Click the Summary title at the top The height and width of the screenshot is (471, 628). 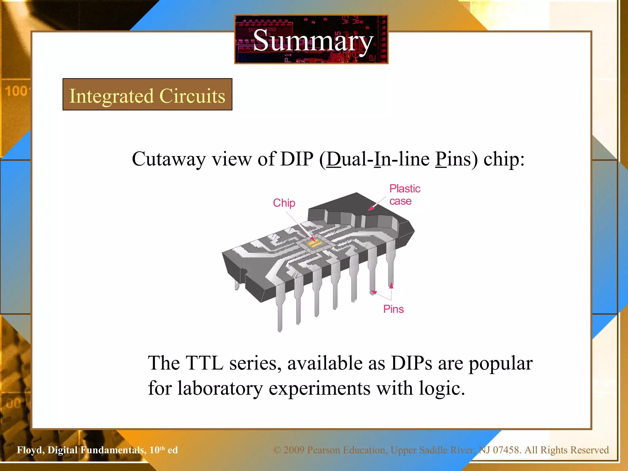click(312, 41)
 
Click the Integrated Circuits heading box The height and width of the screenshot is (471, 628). click(147, 95)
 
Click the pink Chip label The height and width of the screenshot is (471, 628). click(284, 203)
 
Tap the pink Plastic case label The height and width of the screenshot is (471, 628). click(404, 195)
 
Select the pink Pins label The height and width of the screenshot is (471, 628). click(393, 309)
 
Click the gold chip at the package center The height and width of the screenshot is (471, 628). click(314, 244)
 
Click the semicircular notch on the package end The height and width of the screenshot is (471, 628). click(244, 271)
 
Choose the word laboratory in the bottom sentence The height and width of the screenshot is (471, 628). click(220, 389)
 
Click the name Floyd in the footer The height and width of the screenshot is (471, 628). click(30, 450)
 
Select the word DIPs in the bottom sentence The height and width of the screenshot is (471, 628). click(411, 363)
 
